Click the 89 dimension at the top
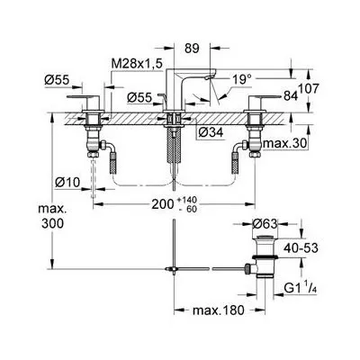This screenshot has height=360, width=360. pyautogui.click(x=192, y=49)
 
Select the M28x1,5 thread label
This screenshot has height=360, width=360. pyautogui.click(x=137, y=64)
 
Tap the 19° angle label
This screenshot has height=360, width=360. pyautogui.click(x=242, y=79)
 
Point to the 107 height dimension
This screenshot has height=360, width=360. pyautogui.click(x=308, y=89)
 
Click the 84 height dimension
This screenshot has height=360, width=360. pyautogui.click(x=290, y=96)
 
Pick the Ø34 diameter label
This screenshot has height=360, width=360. pyautogui.click(x=211, y=132)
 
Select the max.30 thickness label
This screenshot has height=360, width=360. pyautogui.click(x=285, y=144)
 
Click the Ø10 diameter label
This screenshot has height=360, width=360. pyautogui.click(x=68, y=182)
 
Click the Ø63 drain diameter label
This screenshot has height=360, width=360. pyautogui.click(x=265, y=224)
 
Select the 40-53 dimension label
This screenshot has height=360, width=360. pyautogui.click(x=301, y=248)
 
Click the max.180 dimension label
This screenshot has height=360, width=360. pyautogui.click(x=219, y=310)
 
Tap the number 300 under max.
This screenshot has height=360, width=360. pyautogui.click(x=52, y=223)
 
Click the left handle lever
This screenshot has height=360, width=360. pyautogui.click(x=83, y=97)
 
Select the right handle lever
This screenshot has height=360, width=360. pyautogui.click(x=264, y=96)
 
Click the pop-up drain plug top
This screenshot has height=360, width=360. pyautogui.click(x=264, y=238)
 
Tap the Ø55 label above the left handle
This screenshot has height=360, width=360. pyautogui.click(x=57, y=80)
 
